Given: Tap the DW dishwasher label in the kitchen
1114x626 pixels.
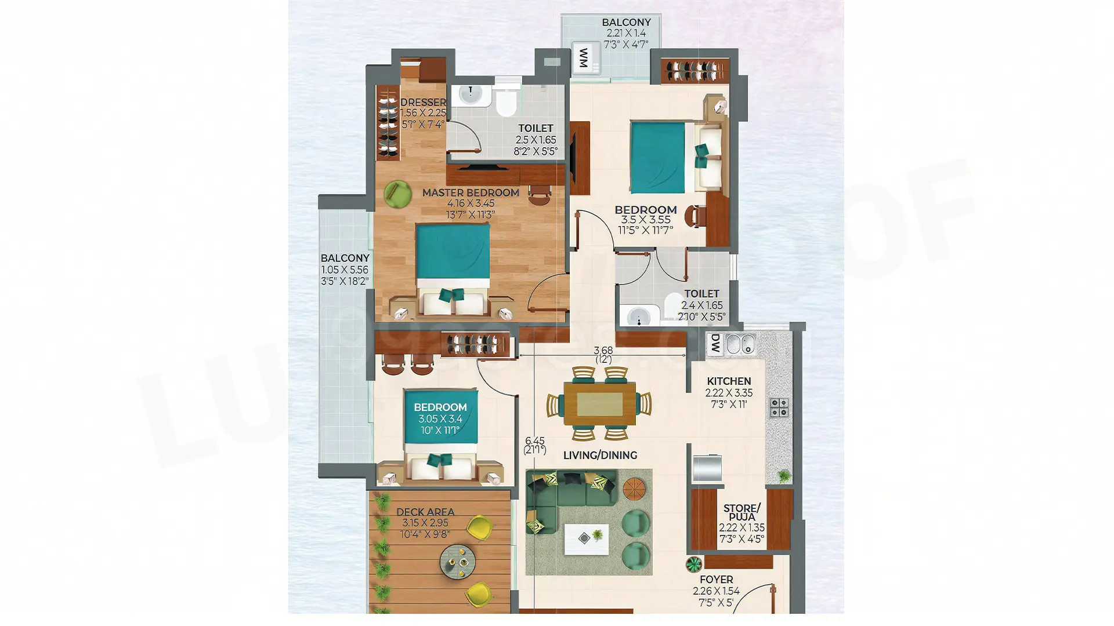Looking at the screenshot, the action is pyautogui.click(x=715, y=344).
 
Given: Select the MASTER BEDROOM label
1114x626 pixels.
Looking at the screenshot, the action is pyautogui.click(x=471, y=193).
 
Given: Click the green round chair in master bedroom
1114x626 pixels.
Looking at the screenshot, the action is pyautogui.click(x=398, y=194).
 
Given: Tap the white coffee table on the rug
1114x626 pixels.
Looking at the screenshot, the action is pyautogui.click(x=587, y=540).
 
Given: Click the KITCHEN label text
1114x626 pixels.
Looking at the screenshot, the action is pyautogui.click(x=729, y=381).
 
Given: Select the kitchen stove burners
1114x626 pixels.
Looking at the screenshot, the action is pyautogui.click(x=779, y=407).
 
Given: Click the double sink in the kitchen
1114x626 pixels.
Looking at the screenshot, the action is pyautogui.click(x=740, y=344).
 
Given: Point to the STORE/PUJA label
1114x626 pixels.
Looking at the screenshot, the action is pyautogui.click(x=742, y=512).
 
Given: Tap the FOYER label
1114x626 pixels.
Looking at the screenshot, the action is pyautogui.click(x=716, y=580).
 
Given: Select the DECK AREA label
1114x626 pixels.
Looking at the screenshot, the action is pyautogui.click(x=425, y=512).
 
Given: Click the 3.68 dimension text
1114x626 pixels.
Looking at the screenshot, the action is pyautogui.click(x=603, y=350).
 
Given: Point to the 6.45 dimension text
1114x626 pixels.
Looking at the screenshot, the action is pyautogui.click(x=534, y=441).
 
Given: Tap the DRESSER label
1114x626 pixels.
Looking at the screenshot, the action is pyautogui.click(x=423, y=103).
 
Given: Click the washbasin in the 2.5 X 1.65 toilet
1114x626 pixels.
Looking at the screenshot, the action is pyautogui.click(x=471, y=94).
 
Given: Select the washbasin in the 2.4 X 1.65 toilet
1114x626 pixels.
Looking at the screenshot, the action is pyautogui.click(x=639, y=316).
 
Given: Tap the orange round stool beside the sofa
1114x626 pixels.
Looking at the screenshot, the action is pyautogui.click(x=634, y=489).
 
